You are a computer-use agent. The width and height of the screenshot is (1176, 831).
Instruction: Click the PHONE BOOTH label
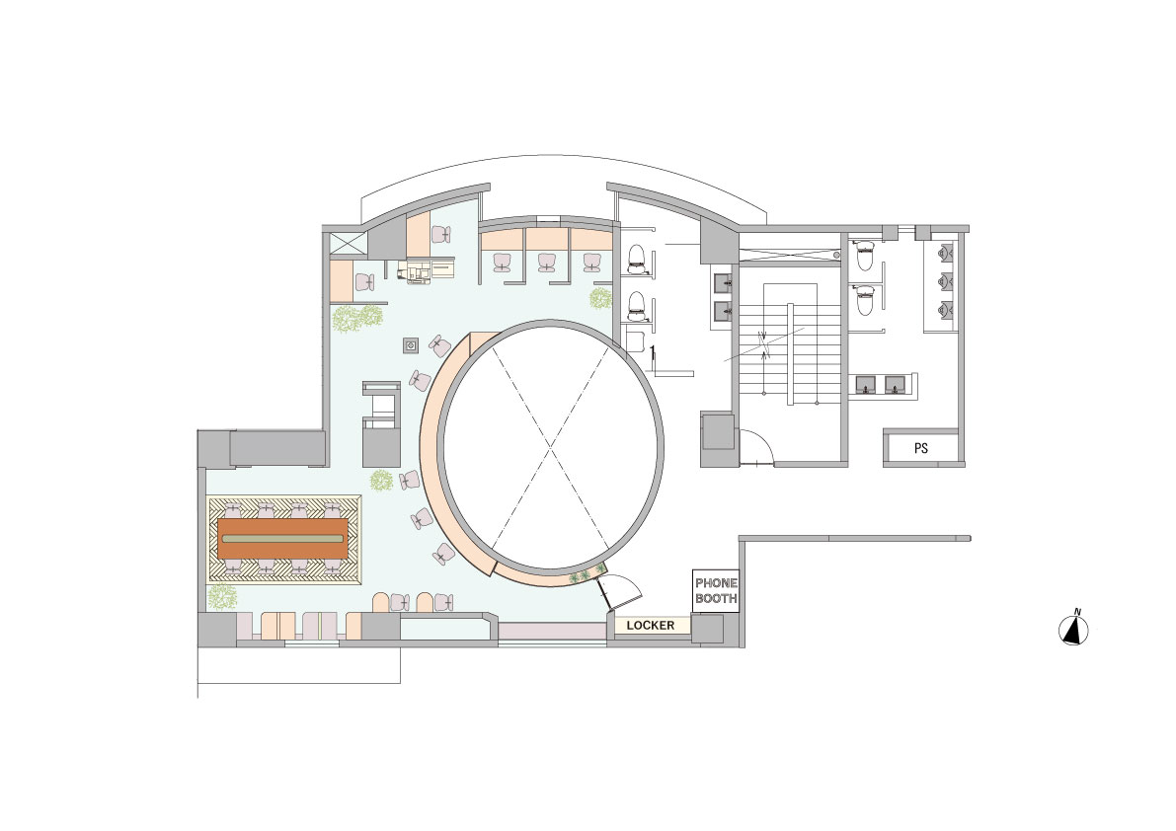click(716, 590)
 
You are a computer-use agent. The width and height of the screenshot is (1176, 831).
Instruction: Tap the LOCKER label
click(651, 626)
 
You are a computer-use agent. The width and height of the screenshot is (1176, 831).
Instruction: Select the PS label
click(920, 448)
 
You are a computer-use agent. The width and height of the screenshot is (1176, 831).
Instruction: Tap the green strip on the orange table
click(283, 539)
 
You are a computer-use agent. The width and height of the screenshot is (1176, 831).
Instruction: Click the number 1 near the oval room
click(653, 349)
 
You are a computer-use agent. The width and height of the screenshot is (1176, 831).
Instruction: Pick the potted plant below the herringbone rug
click(222, 596)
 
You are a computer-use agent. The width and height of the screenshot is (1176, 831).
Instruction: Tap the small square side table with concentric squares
click(412, 345)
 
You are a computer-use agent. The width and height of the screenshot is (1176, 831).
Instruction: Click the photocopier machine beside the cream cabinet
click(414, 270)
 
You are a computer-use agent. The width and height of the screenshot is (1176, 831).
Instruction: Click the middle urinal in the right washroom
click(946, 280)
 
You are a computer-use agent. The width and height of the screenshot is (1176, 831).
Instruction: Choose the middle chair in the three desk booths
click(546, 262)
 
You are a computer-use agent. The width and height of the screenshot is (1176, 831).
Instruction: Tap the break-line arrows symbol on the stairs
click(763, 344)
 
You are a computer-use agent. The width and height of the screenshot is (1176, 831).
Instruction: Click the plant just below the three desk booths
click(600, 298)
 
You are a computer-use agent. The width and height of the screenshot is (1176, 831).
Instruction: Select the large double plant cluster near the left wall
click(356, 318)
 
